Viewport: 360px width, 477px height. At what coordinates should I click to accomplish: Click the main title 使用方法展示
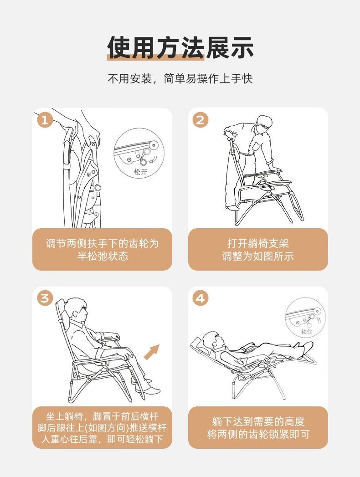pyautogui.click(x=180, y=47)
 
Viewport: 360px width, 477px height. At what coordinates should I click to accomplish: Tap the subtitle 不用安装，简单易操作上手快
pyautogui.click(x=180, y=79)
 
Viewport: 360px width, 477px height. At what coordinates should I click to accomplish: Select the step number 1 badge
pyautogui.click(x=45, y=120)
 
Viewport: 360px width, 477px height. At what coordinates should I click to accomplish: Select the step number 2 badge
pyautogui.click(x=200, y=120)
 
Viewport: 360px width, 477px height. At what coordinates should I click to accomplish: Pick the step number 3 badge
pyautogui.click(x=45, y=298)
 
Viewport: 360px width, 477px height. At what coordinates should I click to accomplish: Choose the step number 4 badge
pyautogui.click(x=200, y=298)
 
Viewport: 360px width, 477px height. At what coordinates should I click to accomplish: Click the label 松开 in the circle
pyautogui.click(x=141, y=172)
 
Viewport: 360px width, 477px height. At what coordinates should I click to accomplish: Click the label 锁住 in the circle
pyautogui.click(x=306, y=331)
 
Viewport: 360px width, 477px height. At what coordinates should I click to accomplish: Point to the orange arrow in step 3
pyautogui.click(x=152, y=352)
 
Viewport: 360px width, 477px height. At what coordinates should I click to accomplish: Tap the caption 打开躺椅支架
pyautogui.click(x=258, y=243)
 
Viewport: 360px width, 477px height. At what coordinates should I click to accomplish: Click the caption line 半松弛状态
pyautogui.click(x=103, y=256)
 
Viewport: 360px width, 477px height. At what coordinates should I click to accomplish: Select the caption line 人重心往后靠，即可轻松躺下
pyautogui.click(x=102, y=439)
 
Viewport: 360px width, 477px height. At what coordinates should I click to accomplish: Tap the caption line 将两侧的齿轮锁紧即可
pyautogui.click(x=258, y=434)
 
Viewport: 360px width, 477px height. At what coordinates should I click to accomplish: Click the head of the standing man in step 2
pyautogui.click(x=263, y=124)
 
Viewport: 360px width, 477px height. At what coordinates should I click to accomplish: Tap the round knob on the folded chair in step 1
pyautogui.click(x=98, y=188)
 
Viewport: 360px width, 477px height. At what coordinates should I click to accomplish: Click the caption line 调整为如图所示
pyautogui.click(x=258, y=256)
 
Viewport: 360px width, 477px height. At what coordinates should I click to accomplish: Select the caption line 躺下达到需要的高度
pyautogui.click(x=258, y=421)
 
